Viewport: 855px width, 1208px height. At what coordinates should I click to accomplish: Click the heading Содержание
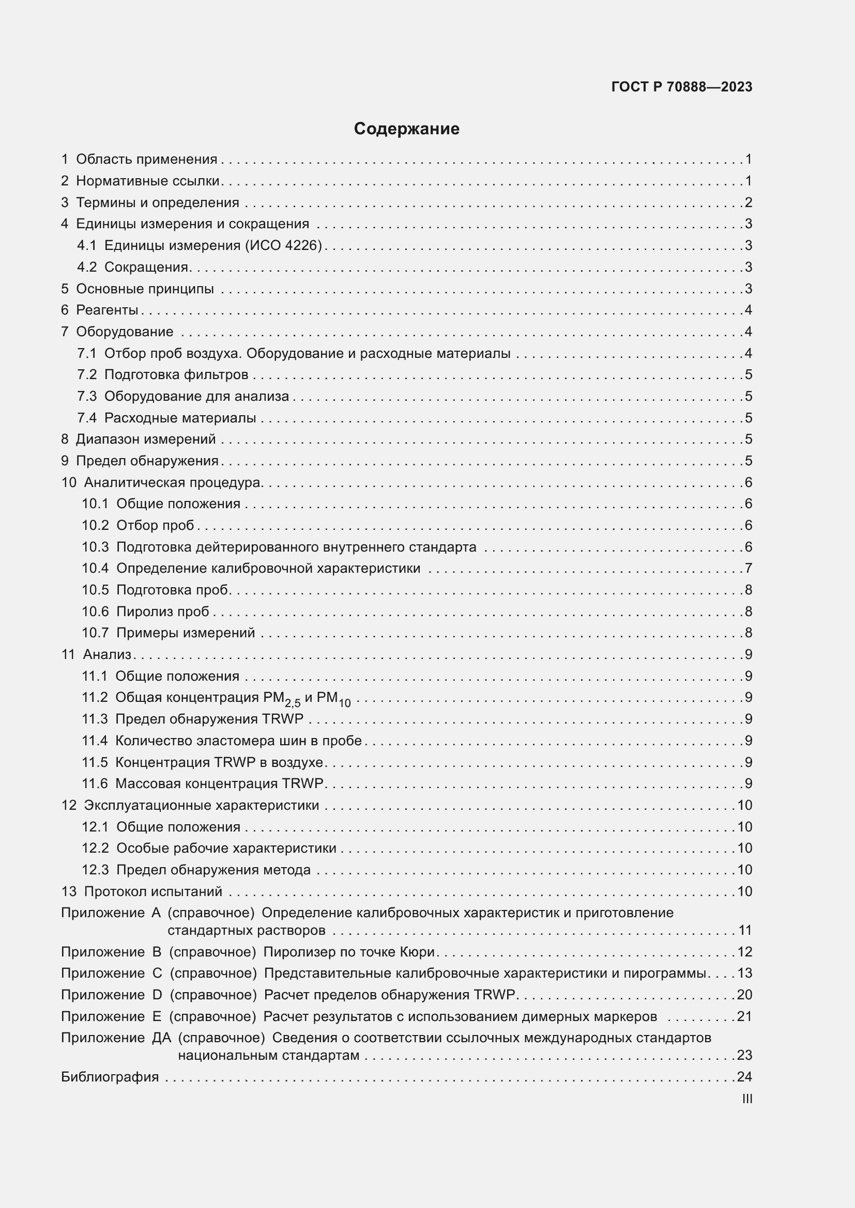coord(406,129)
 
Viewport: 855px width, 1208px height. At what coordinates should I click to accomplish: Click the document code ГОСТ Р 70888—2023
coord(682,87)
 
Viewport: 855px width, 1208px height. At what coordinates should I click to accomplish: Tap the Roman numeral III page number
coord(746,1099)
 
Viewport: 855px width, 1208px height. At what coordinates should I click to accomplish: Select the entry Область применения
coord(146,160)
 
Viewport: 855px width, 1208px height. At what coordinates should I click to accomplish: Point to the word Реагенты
coord(107,310)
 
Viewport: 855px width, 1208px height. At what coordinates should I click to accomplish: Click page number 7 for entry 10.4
coord(748,568)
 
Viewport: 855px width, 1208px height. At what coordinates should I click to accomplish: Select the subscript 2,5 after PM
coord(292,702)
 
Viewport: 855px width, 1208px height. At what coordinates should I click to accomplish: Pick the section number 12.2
coord(95,848)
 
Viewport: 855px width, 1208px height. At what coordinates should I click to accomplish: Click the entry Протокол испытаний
coord(152,891)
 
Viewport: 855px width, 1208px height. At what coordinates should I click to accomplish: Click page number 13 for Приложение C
coord(744,974)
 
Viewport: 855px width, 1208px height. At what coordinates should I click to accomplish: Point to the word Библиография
coord(110,1076)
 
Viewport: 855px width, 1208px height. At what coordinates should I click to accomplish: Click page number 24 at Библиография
coord(744,1076)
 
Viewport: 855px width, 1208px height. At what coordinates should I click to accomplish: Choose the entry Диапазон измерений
coord(146,439)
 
